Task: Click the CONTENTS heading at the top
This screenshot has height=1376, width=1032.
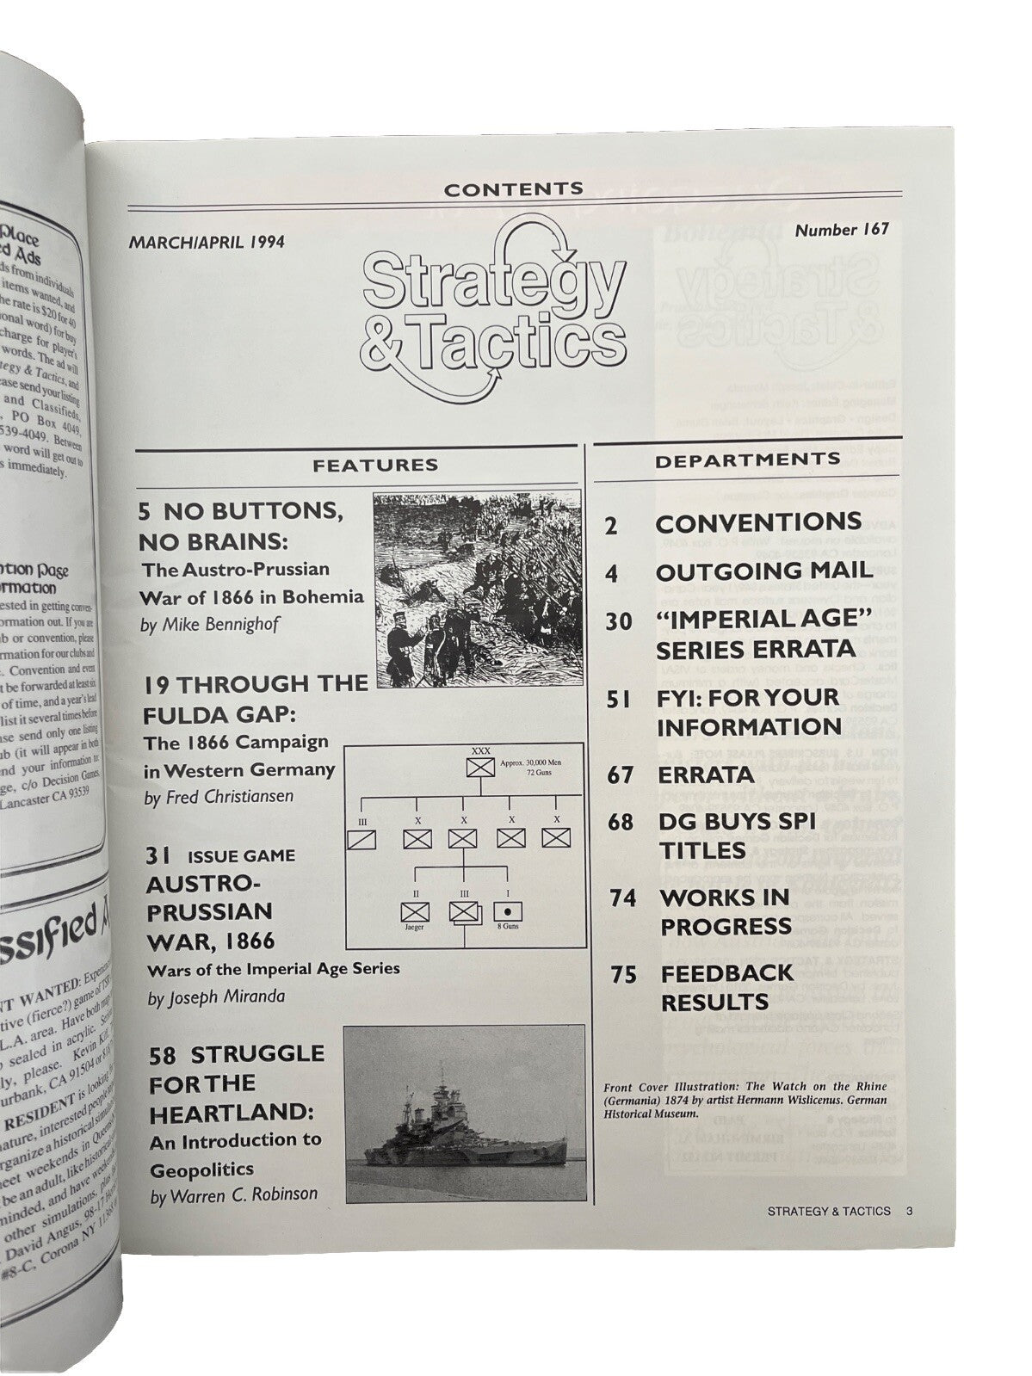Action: coord(515,188)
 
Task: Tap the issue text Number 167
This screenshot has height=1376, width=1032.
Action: coord(841,230)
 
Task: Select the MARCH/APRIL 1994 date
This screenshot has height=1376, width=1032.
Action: coord(207,243)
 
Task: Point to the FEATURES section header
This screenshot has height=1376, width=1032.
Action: coord(375,466)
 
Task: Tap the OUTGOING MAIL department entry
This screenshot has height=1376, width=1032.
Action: coord(763,571)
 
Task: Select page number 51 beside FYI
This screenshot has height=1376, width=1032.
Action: coord(618,700)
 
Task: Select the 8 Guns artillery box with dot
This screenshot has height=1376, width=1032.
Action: coord(507,910)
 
